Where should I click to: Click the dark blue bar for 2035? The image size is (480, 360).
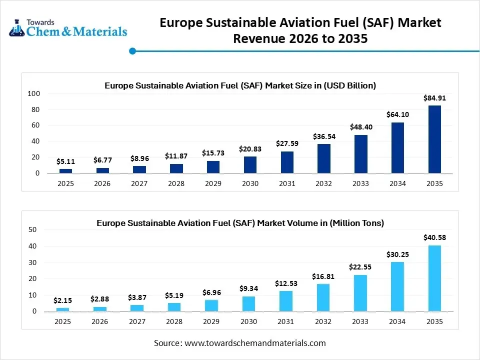point(434,139)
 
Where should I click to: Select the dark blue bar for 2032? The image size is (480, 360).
point(323,158)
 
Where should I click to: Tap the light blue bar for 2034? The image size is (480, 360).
point(397,286)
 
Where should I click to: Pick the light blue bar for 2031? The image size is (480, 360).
point(286,301)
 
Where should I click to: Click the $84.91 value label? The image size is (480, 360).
point(434,98)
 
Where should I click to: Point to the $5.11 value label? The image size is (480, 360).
point(65,161)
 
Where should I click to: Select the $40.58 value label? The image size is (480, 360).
point(434,237)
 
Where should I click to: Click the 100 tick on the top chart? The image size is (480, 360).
point(33,94)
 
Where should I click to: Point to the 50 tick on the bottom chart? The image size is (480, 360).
point(32,229)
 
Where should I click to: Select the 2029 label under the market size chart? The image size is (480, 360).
point(213,183)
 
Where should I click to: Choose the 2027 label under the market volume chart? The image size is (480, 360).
point(139,321)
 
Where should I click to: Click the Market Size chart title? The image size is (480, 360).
point(240,85)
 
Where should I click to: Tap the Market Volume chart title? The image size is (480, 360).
point(240,223)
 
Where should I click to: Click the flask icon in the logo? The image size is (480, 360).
point(17,28)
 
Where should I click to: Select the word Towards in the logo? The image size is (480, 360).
point(40,22)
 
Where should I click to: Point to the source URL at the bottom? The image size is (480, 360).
point(255,343)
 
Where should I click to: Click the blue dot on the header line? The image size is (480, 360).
point(132,50)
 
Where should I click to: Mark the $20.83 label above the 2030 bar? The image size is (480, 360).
point(250,149)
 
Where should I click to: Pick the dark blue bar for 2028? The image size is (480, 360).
point(176,168)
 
